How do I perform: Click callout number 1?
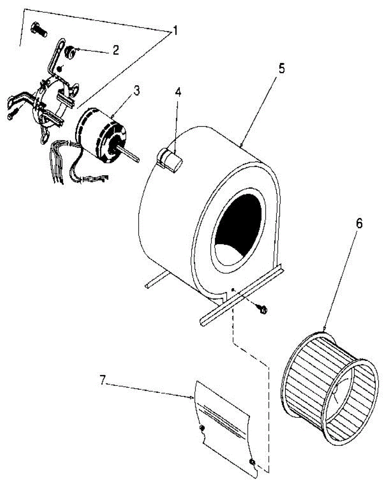coord(174,30)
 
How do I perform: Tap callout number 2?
coord(116,50)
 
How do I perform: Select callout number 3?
coord(136,91)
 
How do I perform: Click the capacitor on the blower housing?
coord(171,160)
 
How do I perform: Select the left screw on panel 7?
coord(202,428)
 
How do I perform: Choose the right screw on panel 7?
coord(252,462)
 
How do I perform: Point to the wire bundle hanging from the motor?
coord(57,163)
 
